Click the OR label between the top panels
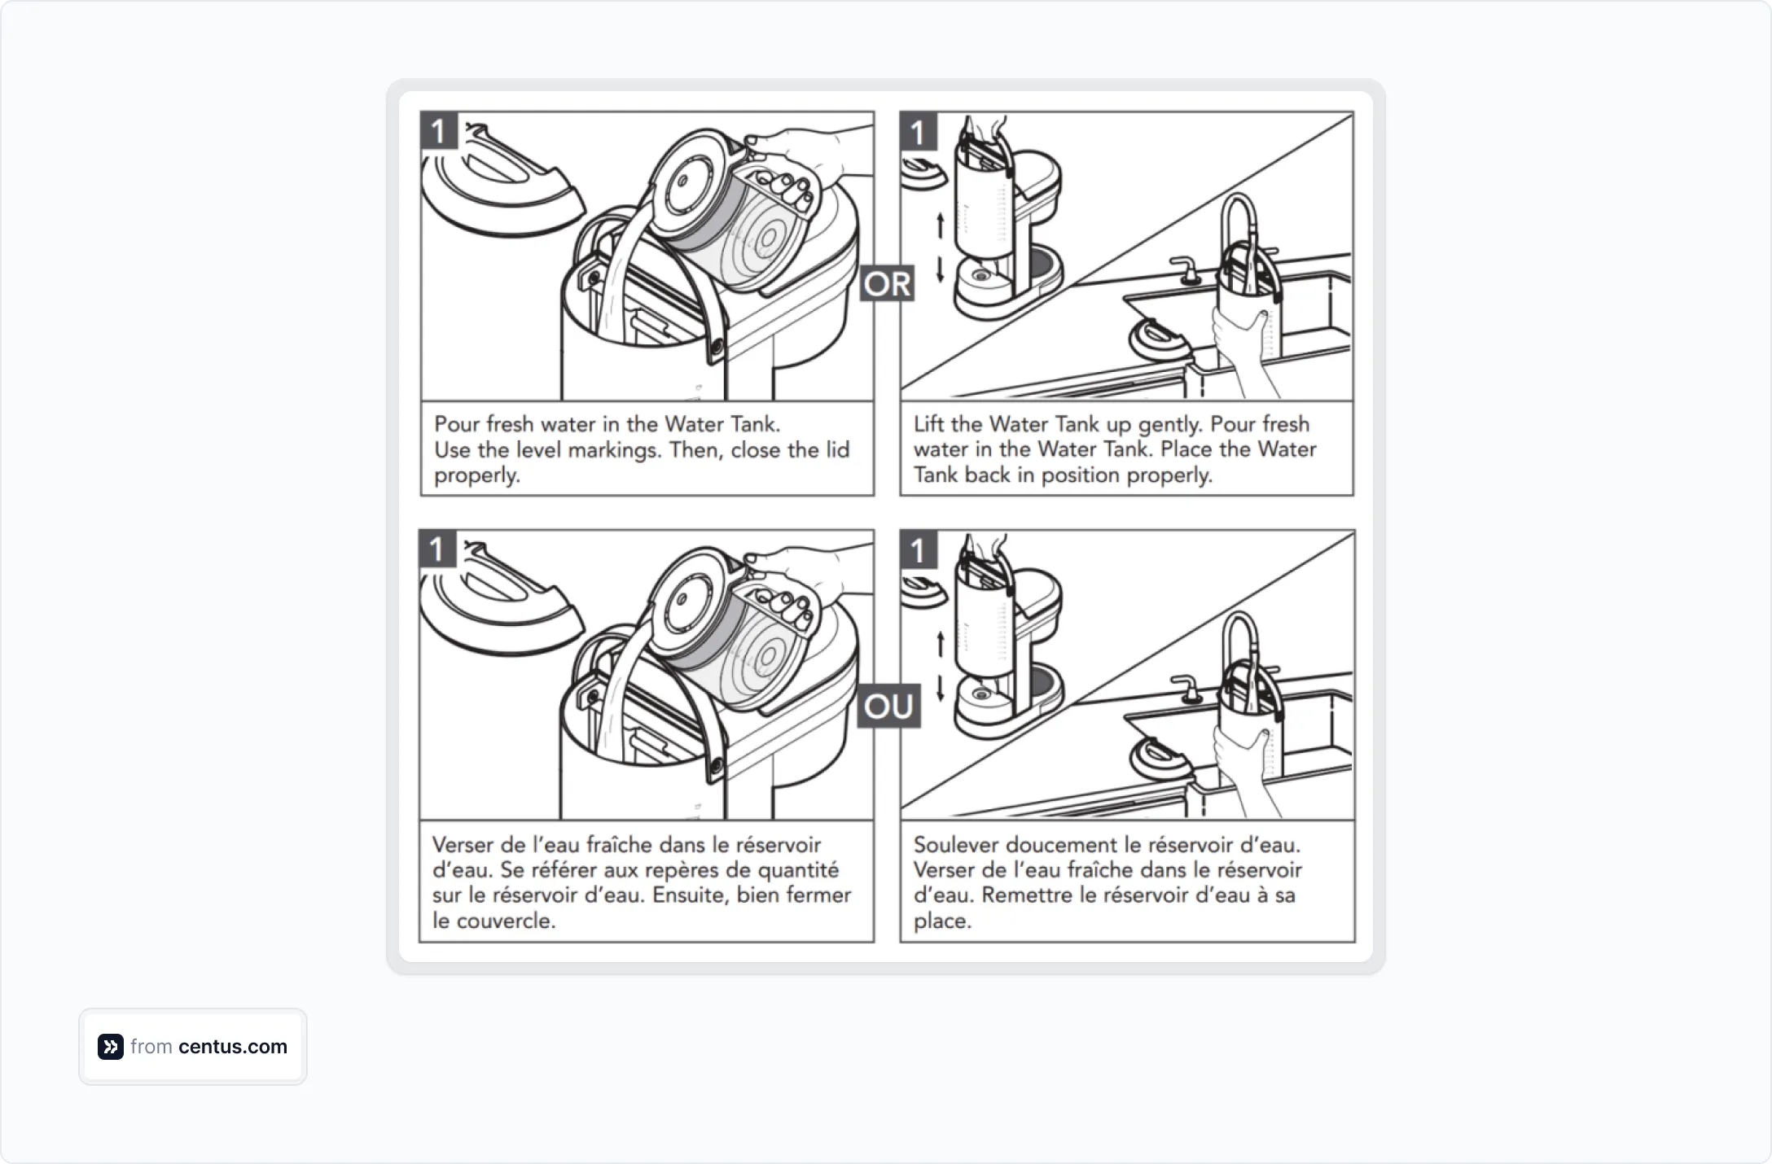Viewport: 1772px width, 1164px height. click(887, 284)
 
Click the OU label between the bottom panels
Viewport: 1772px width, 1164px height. click(888, 706)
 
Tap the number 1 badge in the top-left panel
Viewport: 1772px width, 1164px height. click(439, 131)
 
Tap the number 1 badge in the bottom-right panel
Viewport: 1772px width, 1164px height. click(918, 550)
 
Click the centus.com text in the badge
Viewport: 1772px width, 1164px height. click(232, 1047)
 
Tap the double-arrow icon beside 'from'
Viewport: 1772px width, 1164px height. click(111, 1047)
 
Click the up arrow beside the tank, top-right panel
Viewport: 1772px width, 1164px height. click(940, 225)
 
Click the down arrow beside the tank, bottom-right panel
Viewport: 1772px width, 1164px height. click(941, 688)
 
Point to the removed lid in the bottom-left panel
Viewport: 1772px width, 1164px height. click(497, 602)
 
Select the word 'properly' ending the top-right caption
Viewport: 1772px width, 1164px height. click(1169, 475)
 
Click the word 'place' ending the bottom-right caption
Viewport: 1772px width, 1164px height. click(941, 921)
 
